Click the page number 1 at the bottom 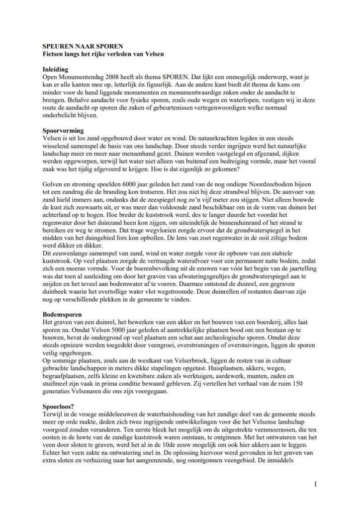(315, 483)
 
